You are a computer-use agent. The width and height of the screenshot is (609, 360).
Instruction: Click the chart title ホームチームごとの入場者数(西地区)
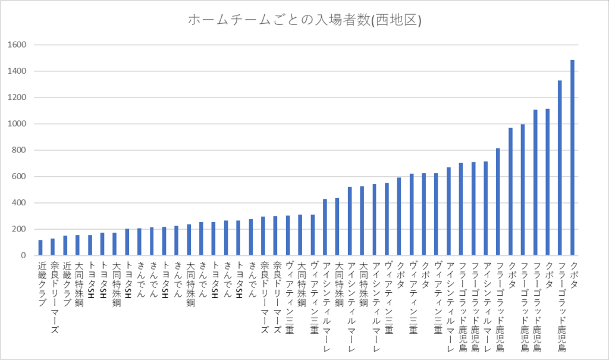tap(304, 20)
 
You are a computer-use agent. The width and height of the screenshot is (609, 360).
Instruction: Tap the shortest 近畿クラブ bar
tap(40, 248)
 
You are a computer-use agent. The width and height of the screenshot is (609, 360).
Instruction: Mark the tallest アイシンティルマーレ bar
tap(486, 208)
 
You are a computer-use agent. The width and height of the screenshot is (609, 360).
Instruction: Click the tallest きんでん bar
tap(251, 237)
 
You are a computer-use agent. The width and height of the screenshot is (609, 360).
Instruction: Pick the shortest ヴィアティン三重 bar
tap(288, 236)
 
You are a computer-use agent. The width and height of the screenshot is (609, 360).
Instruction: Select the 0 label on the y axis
tap(22, 255)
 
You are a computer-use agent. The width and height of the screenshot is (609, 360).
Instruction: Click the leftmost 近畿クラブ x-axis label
tap(40, 283)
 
